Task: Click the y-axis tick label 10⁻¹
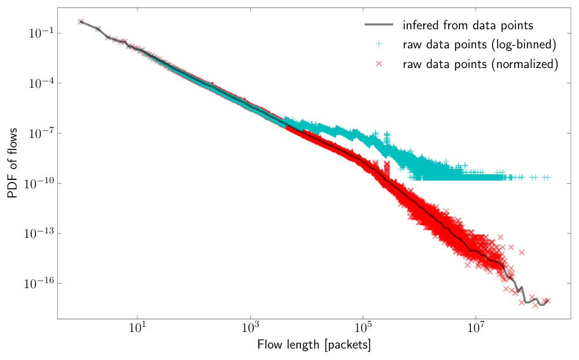coord(41,33)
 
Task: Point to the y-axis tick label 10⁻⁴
coord(41,83)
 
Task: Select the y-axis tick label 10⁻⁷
coord(41,133)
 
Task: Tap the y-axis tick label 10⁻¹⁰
coord(38,183)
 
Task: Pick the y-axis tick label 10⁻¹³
coord(38,233)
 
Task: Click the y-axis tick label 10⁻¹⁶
coord(38,283)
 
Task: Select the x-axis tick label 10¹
coord(137,328)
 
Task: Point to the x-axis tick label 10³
coord(250,328)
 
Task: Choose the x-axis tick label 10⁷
coord(476,328)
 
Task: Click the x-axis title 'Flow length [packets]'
coord(314,345)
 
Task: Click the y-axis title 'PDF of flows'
coord(12,163)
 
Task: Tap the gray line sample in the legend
coord(379,25)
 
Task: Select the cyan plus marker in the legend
coord(379,44)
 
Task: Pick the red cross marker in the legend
coord(379,64)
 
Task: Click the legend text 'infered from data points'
coord(468,25)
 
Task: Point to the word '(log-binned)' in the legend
coord(524,45)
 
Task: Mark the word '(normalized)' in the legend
coord(524,64)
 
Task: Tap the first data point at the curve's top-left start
coord(81,22)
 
